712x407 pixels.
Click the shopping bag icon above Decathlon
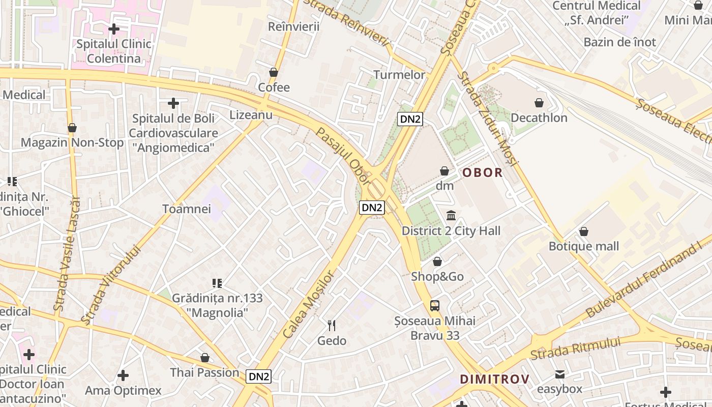539,103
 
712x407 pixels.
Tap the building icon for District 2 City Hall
451,216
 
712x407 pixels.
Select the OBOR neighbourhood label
482,172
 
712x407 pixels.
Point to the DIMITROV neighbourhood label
494,379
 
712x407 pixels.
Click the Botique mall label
583,246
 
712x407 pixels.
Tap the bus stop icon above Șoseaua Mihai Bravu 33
435,306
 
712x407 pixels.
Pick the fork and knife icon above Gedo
332,326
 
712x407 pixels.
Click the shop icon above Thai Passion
204,358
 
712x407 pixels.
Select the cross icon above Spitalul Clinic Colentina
114,28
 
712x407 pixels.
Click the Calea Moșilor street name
308,304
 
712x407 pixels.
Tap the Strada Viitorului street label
110,284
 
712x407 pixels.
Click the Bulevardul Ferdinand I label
643,280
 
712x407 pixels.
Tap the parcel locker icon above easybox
560,374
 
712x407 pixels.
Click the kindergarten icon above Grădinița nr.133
217,283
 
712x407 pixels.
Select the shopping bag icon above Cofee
274,73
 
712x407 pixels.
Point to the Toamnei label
187,209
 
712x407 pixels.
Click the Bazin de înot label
619,42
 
